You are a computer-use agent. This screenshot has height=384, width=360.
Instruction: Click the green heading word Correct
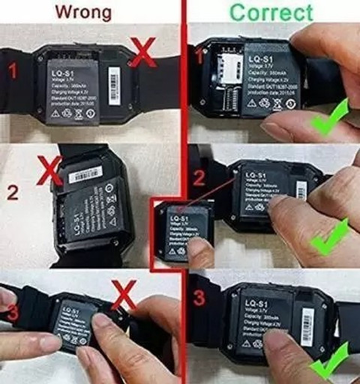271,13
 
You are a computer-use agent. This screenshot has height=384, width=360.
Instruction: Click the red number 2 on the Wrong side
13,192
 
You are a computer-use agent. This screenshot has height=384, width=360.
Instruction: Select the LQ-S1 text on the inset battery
180,219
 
